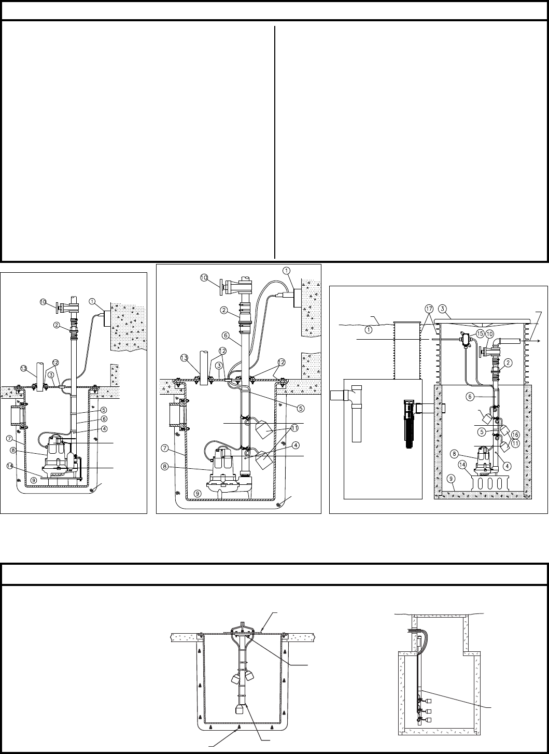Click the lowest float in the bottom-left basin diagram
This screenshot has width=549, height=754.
point(240,709)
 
